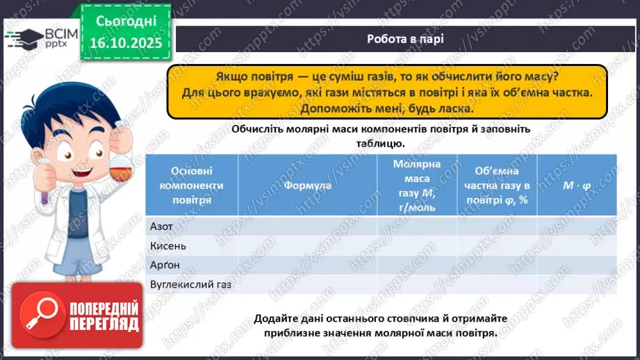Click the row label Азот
pyautogui.click(x=162, y=226)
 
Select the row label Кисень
pyautogui.click(x=168, y=245)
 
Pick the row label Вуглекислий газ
pyautogui.click(x=190, y=284)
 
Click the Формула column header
pyautogui.click(x=307, y=186)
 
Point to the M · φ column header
pyautogui.click(x=577, y=186)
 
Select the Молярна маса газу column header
pyautogui.click(x=417, y=186)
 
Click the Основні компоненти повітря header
pyautogui.click(x=191, y=186)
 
